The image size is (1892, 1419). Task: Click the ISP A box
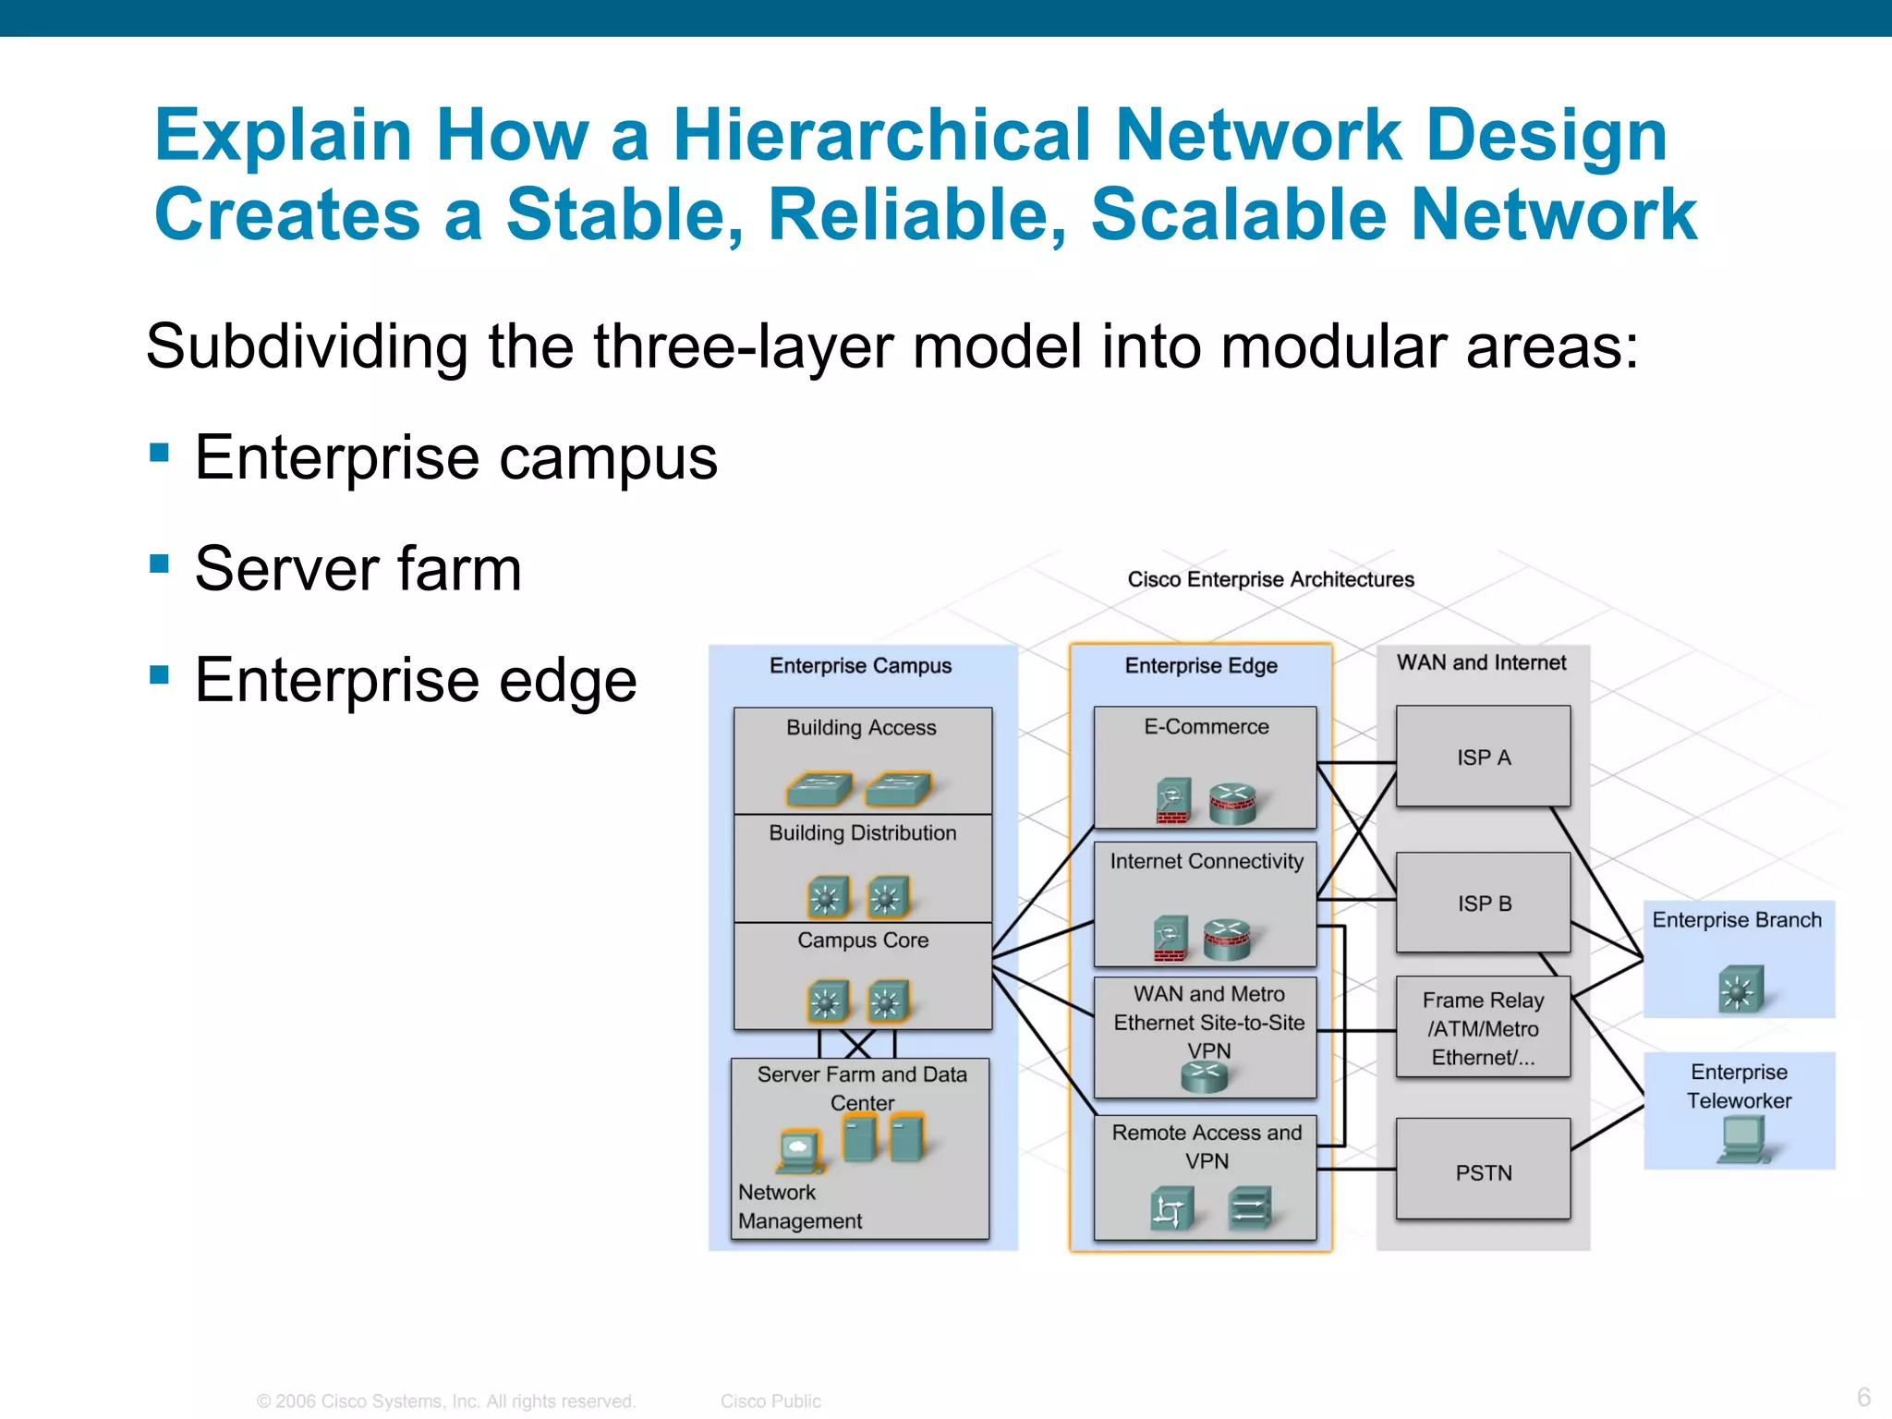pyautogui.click(x=1483, y=757)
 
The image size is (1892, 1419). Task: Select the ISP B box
pyautogui.click(x=1483, y=903)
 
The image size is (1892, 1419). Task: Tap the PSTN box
pyautogui.click(x=1483, y=1171)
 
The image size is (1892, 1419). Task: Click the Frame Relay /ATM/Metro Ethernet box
pyautogui.click(x=1483, y=1027)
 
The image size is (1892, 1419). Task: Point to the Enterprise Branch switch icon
pyautogui.click(x=1740, y=988)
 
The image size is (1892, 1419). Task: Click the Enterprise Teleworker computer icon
pyautogui.click(x=1742, y=1138)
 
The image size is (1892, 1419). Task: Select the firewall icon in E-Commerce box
pyautogui.click(x=1173, y=800)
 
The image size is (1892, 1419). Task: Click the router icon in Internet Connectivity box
pyautogui.click(x=1227, y=939)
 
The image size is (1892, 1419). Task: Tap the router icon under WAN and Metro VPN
pyautogui.click(x=1205, y=1076)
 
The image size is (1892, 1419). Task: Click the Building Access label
pyautogui.click(x=861, y=728)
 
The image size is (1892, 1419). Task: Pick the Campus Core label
pyautogui.click(x=863, y=940)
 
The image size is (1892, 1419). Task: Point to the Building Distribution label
pyautogui.click(x=863, y=833)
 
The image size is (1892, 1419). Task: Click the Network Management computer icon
pyautogui.click(x=798, y=1151)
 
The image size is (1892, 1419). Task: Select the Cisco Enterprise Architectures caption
pyautogui.click(x=1270, y=579)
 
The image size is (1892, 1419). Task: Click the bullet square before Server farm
pyautogui.click(x=160, y=564)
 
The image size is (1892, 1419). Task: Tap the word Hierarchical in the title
pyautogui.click(x=881, y=135)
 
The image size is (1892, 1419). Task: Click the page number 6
pyautogui.click(x=1863, y=1396)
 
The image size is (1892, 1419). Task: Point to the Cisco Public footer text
pyautogui.click(x=770, y=1401)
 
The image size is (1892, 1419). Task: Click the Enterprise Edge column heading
pyautogui.click(x=1201, y=666)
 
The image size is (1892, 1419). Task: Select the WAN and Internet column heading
pyautogui.click(x=1481, y=662)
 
